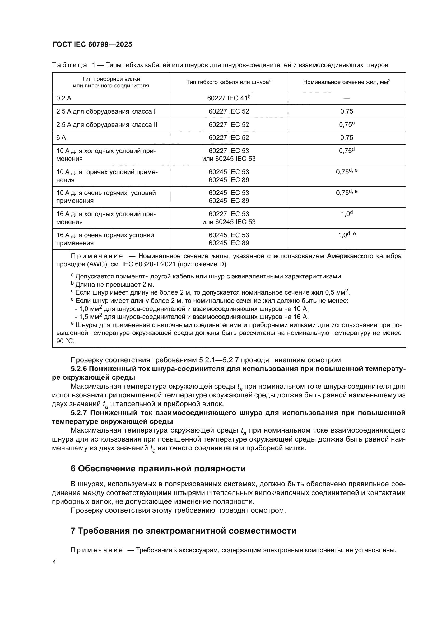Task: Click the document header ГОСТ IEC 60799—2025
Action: coord(92,45)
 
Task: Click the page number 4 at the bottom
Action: coord(54,562)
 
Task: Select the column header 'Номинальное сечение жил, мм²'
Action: coord(347,82)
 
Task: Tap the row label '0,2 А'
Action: coord(64,99)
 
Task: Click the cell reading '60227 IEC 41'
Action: coord(229,99)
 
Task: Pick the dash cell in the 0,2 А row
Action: coord(347,99)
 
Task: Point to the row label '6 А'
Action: coord(61,138)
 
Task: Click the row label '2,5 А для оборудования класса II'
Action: coord(106,125)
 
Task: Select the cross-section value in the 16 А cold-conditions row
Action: coord(347,214)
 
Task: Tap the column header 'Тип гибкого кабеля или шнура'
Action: coord(229,82)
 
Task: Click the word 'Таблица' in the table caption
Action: coord(69,65)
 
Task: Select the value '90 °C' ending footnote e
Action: coord(65,341)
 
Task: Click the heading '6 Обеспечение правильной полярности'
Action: coord(158,468)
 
